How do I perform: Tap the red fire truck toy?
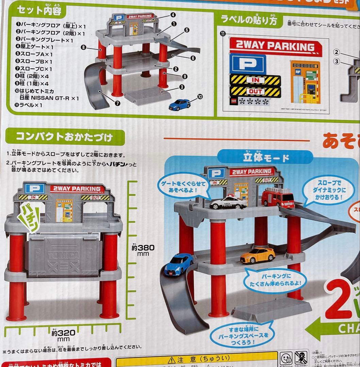pyautogui.click(x=278, y=197)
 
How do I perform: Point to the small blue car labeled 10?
pyautogui.click(x=179, y=104)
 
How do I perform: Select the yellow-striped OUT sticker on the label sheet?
pyautogui.click(x=255, y=92)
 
